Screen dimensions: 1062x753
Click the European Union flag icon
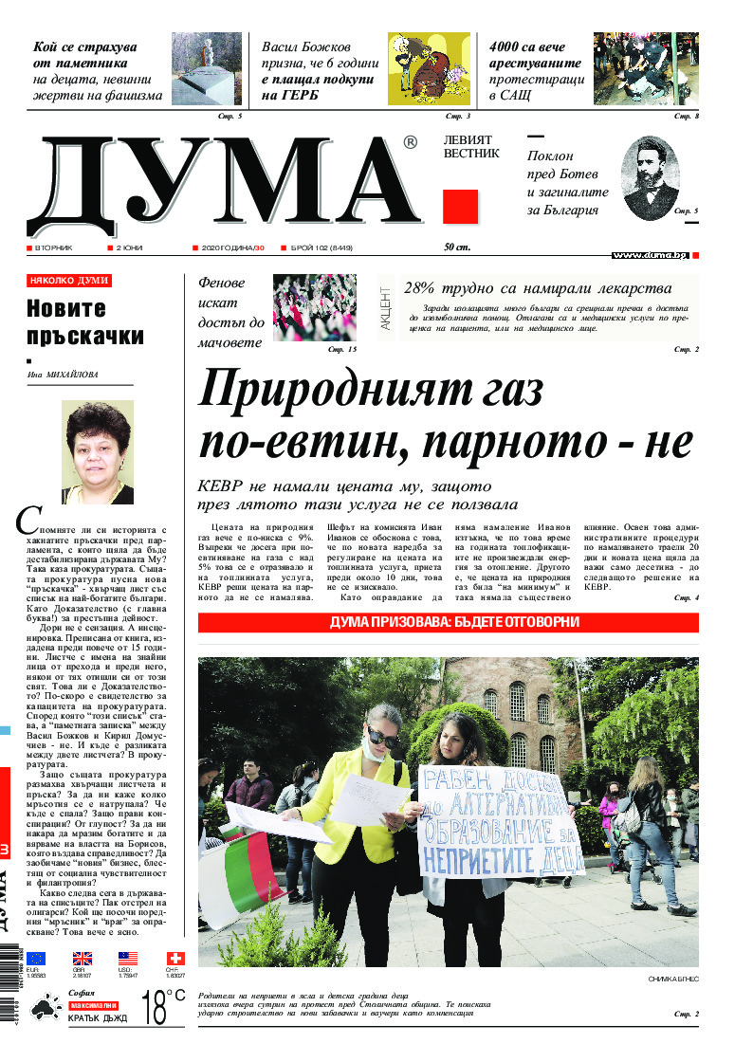[x=35, y=959]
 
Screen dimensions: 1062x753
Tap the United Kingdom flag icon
[x=83, y=959]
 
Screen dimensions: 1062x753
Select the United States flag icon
[x=128, y=959]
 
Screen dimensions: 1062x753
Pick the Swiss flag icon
[x=175, y=959]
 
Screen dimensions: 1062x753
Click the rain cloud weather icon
[x=45, y=1007]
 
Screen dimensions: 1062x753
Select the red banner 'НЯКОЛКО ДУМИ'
[x=69, y=281]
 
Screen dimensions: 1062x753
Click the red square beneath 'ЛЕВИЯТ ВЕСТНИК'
[x=460, y=206]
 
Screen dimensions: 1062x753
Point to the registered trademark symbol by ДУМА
[x=410, y=142]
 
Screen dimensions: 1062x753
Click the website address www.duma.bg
[x=650, y=255]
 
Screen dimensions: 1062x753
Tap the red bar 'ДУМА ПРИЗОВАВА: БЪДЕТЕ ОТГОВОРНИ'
[x=448, y=623]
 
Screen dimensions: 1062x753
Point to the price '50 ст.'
[x=457, y=247]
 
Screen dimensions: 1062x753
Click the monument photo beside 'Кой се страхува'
[x=206, y=68]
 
